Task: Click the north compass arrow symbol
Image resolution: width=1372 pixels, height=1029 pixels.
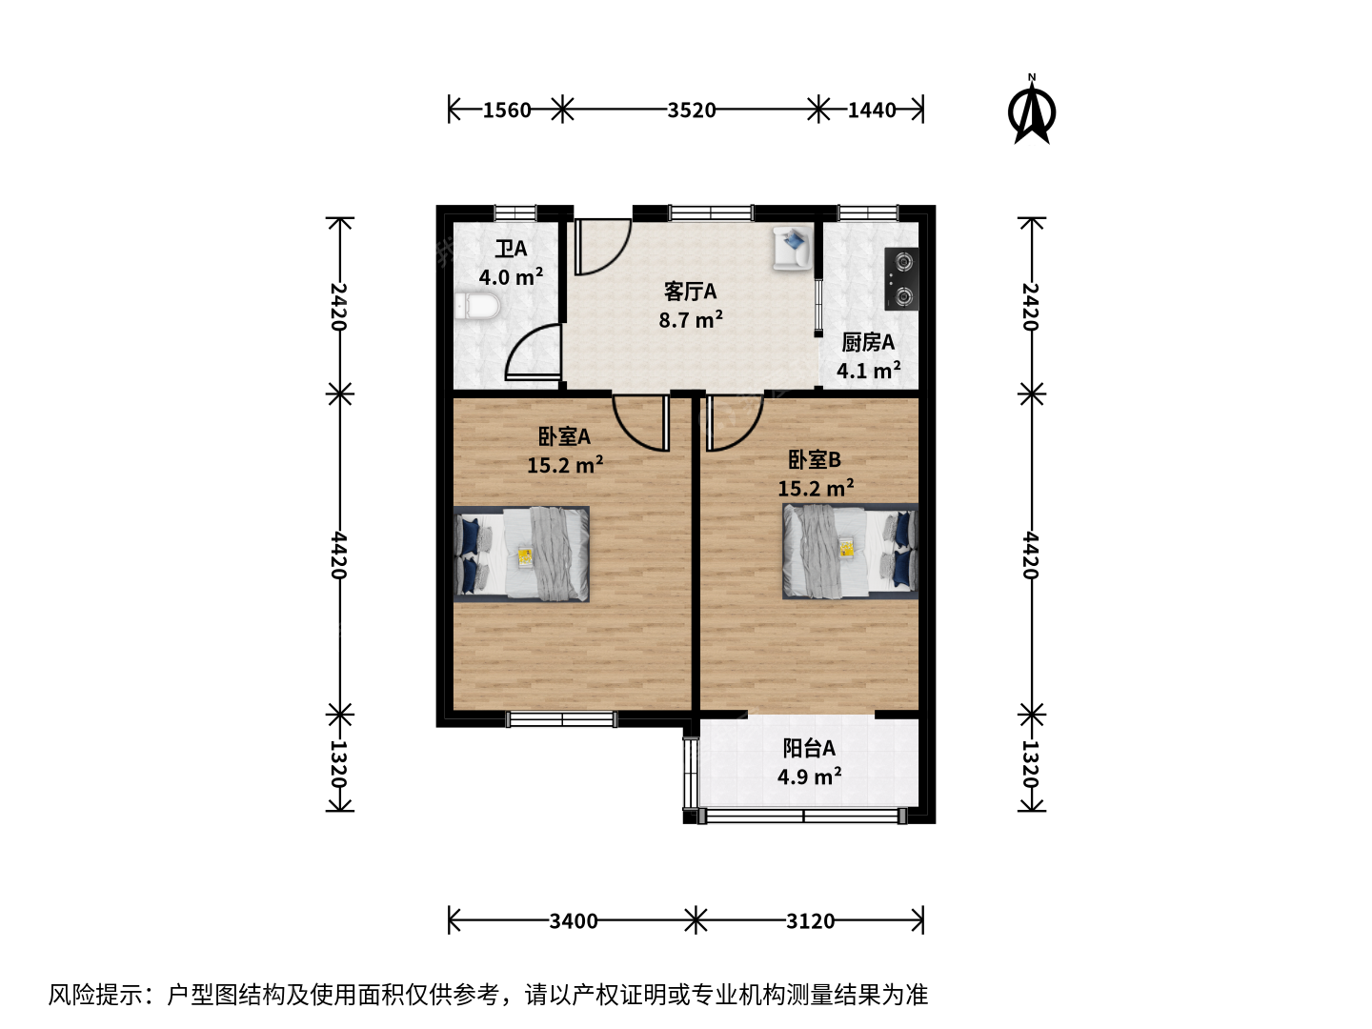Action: [1031, 111]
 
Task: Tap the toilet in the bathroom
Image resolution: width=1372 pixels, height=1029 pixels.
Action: [477, 307]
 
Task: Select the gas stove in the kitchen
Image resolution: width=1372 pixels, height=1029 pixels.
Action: [901, 278]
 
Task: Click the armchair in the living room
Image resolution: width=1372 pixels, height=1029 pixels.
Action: [793, 248]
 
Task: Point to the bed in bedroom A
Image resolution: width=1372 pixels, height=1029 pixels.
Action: [521, 554]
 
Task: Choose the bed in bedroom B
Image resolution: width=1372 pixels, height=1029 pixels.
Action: [850, 551]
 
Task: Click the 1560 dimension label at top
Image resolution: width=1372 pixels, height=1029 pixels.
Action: [506, 111]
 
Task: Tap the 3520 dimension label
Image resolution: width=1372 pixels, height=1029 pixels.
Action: [691, 111]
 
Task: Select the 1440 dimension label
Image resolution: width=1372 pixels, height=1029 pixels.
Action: [872, 111]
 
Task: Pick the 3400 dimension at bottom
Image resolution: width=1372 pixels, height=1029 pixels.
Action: [574, 921]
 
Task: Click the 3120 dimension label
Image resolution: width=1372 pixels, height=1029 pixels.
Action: [810, 921]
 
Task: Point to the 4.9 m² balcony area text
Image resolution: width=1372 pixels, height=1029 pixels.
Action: [809, 777]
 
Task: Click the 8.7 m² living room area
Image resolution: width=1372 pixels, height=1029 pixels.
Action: [691, 320]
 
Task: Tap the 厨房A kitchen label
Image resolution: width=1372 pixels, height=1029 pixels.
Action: [868, 342]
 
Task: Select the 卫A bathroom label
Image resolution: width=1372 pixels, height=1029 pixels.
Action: [511, 250]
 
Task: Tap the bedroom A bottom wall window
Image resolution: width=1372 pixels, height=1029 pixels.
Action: [562, 719]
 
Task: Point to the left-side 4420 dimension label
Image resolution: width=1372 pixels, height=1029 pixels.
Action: [339, 555]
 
